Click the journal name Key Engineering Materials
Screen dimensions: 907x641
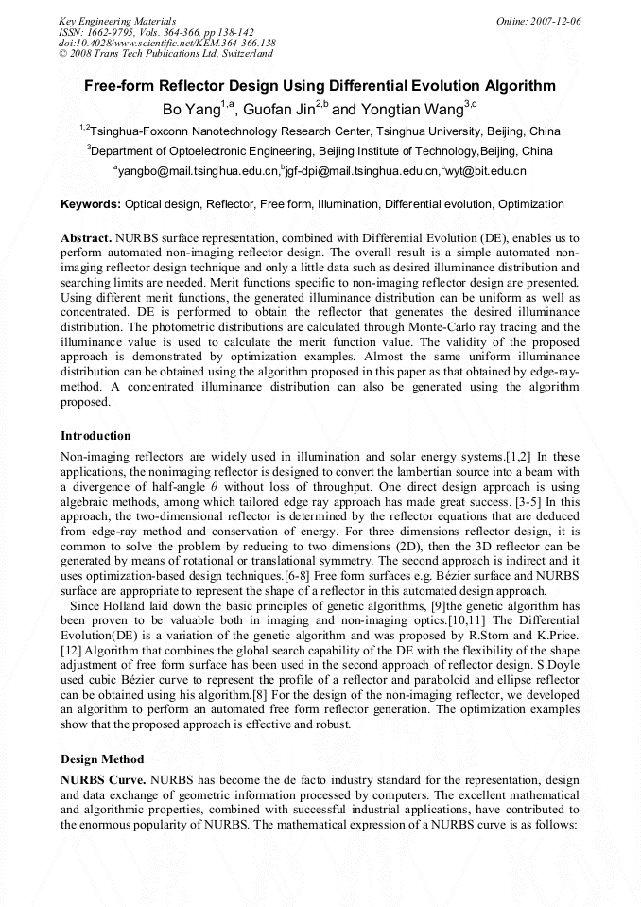tap(118, 21)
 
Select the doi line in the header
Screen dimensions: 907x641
tap(166, 43)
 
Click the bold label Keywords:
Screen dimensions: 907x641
tap(91, 204)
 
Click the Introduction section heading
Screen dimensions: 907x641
tap(95, 436)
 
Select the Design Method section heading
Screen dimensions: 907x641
tap(102, 759)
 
